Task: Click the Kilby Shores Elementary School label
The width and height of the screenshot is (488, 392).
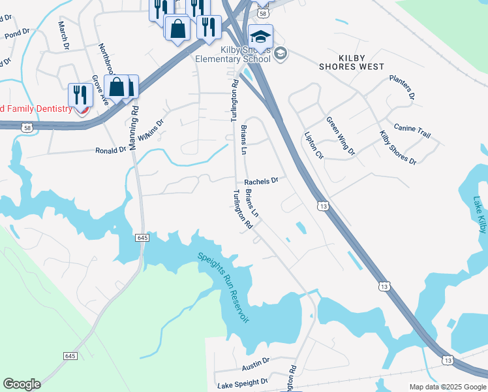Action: (234, 54)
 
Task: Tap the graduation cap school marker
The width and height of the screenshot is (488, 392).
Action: (260, 38)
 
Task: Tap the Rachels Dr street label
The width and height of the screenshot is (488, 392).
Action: (261, 181)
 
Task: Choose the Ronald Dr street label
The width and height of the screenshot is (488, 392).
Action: (110, 150)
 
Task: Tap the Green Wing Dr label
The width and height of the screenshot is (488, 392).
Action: (341, 136)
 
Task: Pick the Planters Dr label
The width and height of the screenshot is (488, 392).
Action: (402, 87)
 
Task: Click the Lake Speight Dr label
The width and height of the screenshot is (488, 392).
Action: (242, 382)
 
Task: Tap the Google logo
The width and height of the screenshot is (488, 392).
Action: (22, 384)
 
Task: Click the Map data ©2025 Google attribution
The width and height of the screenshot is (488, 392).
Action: (448, 387)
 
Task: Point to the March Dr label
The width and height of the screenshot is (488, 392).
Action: (63, 35)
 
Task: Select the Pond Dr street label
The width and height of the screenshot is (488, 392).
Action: (17, 33)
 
